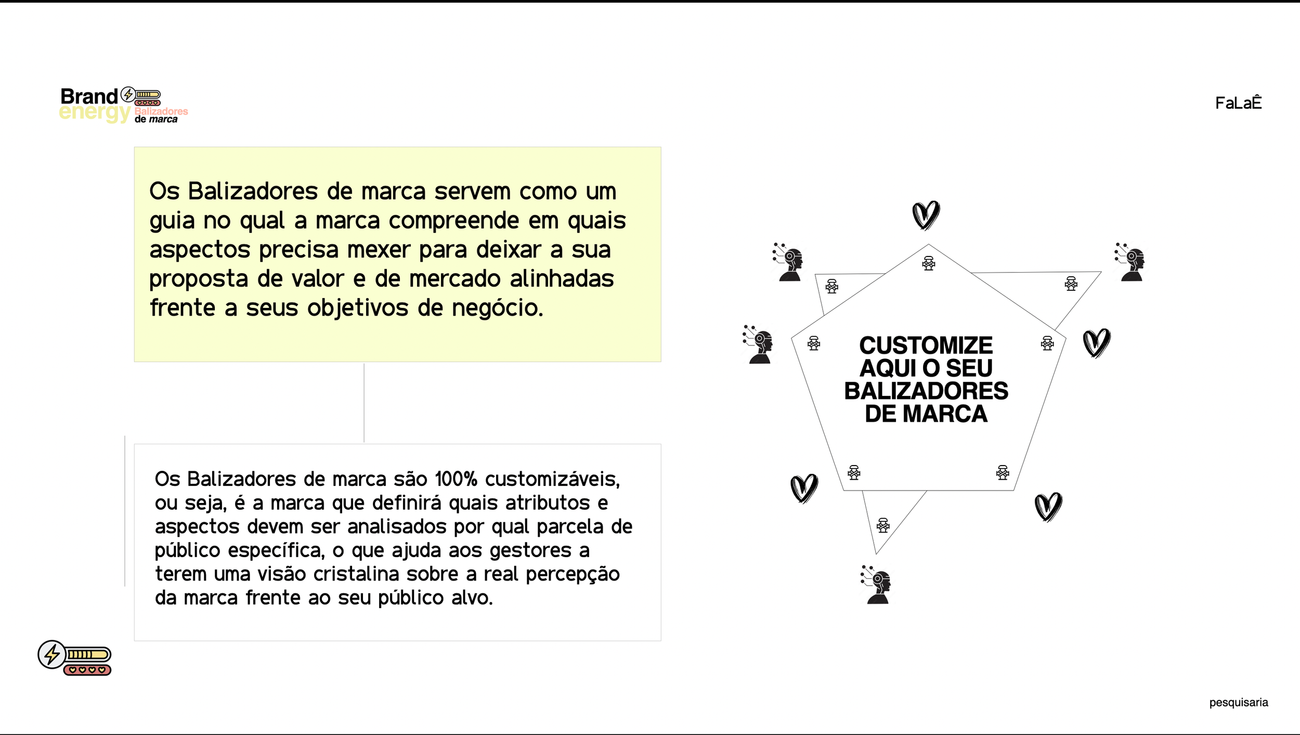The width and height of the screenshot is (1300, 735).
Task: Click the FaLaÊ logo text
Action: pos(1238,103)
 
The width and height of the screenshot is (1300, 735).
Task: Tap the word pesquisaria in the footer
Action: pos(1238,703)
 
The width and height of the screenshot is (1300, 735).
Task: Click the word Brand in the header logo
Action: pos(89,96)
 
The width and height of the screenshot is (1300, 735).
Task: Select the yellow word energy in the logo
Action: pos(94,113)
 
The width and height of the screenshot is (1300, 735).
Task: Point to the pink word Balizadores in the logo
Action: pos(161,111)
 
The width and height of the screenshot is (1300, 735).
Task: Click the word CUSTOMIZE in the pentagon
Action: pos(926,345)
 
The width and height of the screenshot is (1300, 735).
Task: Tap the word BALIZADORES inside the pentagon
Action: pos(926,391)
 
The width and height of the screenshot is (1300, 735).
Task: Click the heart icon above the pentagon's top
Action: pos(926,215)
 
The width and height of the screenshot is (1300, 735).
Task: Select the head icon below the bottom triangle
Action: pos(877,585)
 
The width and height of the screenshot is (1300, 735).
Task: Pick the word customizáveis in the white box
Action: pos(552,479)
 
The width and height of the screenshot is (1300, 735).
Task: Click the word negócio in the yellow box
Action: pos(497,308)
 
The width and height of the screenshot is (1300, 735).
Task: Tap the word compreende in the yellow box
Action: pos(453,221)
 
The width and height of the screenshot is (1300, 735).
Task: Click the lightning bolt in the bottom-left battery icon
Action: pos(52,654)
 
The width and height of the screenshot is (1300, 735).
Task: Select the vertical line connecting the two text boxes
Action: pos(364,403)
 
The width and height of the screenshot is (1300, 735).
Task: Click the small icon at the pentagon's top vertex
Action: pos(929,263)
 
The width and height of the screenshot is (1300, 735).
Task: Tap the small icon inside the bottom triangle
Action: pos(883,525)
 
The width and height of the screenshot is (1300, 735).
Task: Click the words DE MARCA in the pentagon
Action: pos(926,414)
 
